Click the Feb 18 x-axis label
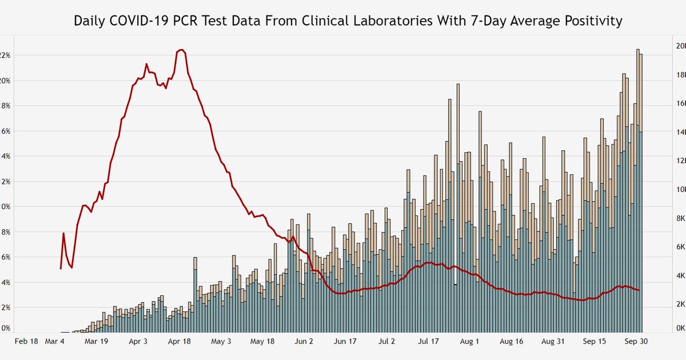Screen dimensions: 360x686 coord(26,341)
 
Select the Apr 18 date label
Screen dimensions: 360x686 coord(180,341)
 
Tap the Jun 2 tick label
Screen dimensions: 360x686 coord(304,341)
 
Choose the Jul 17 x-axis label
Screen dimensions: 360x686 coord(428,341)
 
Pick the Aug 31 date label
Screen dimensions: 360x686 coord(553,341)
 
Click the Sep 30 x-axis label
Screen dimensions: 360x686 coord(636,341)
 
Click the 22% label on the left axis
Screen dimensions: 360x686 coord(5,55)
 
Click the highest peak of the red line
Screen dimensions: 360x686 coord(181,50)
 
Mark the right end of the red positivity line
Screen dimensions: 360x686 coord(639,290)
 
